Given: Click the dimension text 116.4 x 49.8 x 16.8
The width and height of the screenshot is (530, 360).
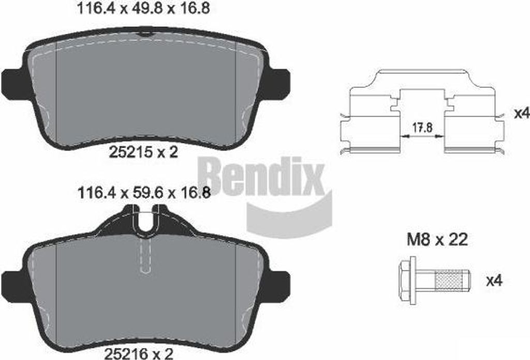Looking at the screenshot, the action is (x=144, y=8).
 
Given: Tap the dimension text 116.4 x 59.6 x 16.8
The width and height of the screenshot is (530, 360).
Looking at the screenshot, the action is (x=144, y=193).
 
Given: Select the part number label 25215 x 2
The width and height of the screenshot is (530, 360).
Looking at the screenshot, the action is (x=143, y=152).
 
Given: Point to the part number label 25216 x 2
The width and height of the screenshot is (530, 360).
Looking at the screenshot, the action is (x=139, y=354).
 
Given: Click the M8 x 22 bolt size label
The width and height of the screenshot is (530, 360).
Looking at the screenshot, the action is (x=437, y=239).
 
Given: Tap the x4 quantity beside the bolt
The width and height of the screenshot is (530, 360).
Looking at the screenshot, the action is (x=494, y=280).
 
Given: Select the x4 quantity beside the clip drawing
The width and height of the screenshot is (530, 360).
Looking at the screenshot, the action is (x=521, y=113).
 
